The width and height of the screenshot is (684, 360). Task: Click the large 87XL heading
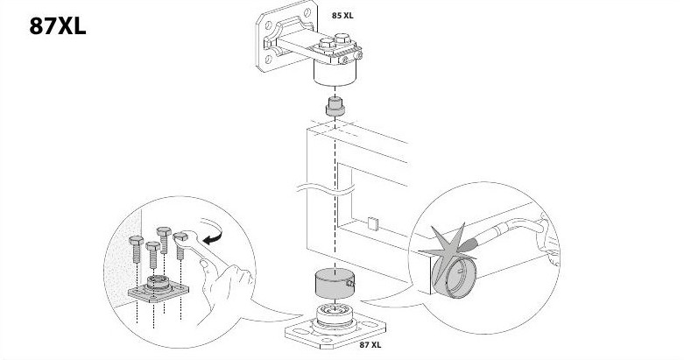click(57, 26)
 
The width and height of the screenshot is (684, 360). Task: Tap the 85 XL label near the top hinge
click(342, 16)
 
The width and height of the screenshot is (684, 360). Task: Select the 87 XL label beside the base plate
click(370, 345)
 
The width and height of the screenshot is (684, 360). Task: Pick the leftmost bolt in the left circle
click(136, 249)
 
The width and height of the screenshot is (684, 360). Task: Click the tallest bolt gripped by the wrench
click(164, 240)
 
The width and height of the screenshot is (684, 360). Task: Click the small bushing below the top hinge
click(335, 107)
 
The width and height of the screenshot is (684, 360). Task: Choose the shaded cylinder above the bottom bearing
click(335, 284)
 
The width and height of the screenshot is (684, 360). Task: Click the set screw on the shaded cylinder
click(350, 284)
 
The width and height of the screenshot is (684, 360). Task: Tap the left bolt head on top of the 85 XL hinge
click(327, 43)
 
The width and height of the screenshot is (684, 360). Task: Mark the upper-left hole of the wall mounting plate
click(268, 25)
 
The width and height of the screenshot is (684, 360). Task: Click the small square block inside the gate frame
click(373, 223)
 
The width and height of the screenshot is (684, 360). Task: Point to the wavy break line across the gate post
click(326, 189)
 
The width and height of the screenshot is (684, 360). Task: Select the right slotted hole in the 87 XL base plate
click(369, 324)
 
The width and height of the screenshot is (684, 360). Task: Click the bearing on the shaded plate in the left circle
click(158, 283)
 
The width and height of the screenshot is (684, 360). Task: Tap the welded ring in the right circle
click(454, 277)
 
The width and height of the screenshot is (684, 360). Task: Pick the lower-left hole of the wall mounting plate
click(268, 59)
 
